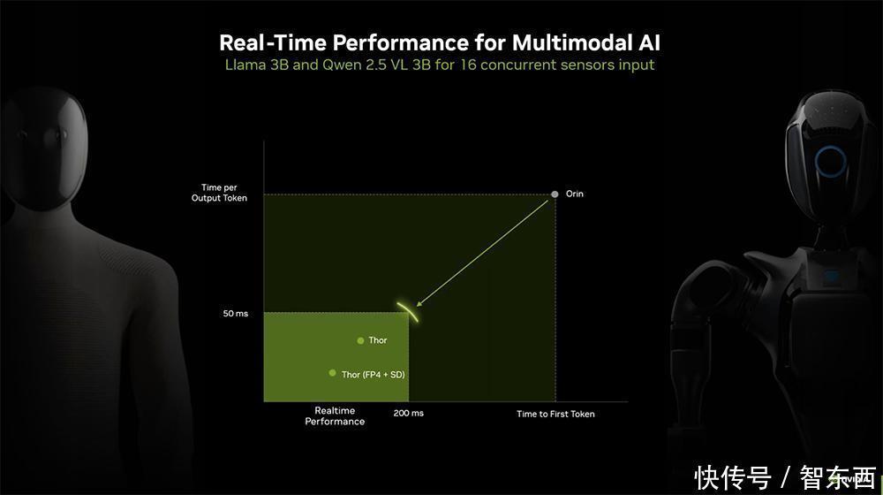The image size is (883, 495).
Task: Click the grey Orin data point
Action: coord(555,194)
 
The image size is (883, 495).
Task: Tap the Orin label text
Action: coord(575,194)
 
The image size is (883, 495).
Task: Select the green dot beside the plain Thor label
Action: coord(360,340)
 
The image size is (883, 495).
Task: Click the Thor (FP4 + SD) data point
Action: coord(332,373)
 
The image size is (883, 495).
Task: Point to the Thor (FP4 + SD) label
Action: coord(373,375)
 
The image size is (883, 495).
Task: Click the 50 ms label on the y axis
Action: coord(236,314)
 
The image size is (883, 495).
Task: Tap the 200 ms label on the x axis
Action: coord(408,414)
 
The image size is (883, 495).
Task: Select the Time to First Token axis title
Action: coord(555,414)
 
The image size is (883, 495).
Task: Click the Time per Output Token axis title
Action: coord(219,192)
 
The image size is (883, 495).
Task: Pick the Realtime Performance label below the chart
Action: coord(335,416)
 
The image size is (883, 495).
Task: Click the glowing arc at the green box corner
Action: coord(409,310)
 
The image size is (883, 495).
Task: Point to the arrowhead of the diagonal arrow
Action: coord(419,303)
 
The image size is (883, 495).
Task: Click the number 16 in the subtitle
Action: coord(468,65)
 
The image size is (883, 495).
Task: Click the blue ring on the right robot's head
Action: coord(831,162)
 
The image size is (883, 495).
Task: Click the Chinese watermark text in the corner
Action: coord(786,477)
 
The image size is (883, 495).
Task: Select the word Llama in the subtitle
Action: coord(245,65)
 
